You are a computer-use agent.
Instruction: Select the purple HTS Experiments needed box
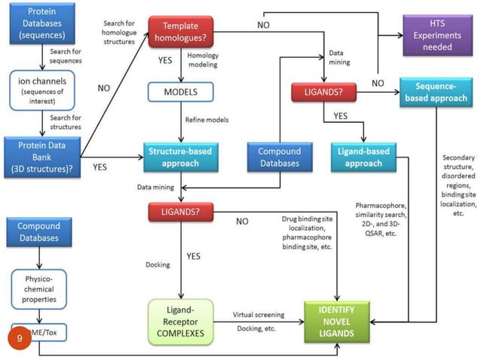click(x=437, y=35)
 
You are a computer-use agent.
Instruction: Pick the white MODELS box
click(x=181, y=92)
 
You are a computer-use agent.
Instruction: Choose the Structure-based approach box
click(x=181, y=157)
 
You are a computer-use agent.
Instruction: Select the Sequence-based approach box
click(x=436, y=93)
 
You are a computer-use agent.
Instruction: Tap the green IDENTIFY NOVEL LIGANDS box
click(x=337, y=321)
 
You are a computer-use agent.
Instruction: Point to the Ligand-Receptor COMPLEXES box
click(x=181, y=321)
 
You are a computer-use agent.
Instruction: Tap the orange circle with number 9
click(x=21, y=339)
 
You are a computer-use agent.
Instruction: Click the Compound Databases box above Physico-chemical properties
click(x=38, y=232)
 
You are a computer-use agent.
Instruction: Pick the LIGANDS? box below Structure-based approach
click(x=181, y=213)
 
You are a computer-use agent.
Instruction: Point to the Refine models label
click(x=207, y=119)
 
